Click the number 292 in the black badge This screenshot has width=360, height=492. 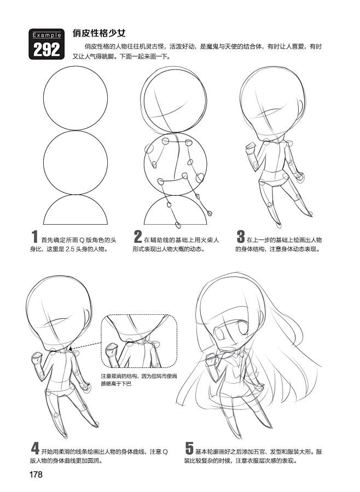[47, 49]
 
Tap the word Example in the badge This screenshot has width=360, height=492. [47, 35]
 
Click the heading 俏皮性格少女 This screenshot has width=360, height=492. [99, 33]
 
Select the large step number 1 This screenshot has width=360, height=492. [34, 237]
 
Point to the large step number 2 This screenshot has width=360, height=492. [137, 237]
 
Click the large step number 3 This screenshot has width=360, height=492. [241, 237]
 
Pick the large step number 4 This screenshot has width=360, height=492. [35, 448]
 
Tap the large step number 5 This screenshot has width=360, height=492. [189, 448]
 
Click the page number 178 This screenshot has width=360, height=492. [36, 474]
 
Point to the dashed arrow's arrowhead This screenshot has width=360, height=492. [71, 349]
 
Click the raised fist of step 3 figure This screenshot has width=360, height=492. [251, 147]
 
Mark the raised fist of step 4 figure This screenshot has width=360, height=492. [37, 358]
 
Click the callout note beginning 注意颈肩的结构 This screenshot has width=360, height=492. [138, 379]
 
